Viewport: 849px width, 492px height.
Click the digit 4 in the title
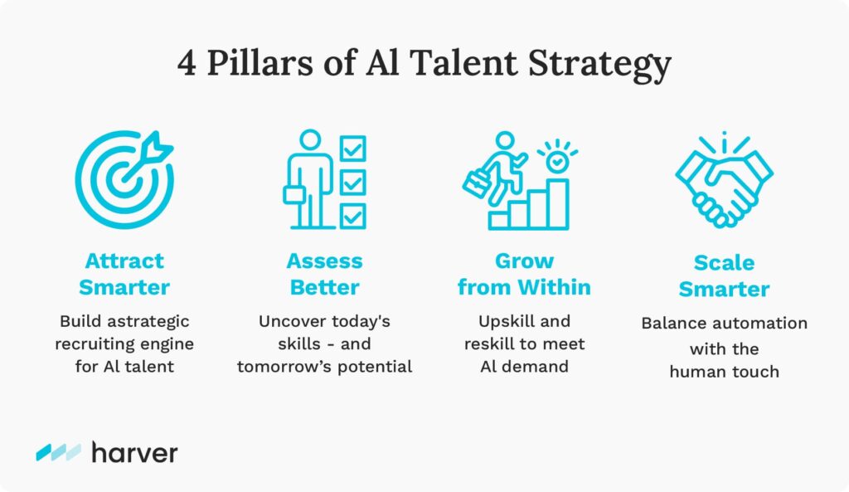187,63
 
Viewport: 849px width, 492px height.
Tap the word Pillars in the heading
260,62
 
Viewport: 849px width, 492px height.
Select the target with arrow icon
124,179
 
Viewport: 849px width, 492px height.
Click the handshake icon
725,180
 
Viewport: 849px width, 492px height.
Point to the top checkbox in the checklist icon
352,148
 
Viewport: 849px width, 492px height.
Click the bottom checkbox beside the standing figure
352,216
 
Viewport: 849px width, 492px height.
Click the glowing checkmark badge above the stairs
556,161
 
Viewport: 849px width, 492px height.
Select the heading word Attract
124,261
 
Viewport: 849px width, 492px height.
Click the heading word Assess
324,261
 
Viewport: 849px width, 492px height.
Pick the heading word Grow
524,261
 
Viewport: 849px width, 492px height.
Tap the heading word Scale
725,263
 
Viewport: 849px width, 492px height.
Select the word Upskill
500,321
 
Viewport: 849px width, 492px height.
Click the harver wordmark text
135,452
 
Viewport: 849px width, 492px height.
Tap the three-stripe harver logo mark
59,452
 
